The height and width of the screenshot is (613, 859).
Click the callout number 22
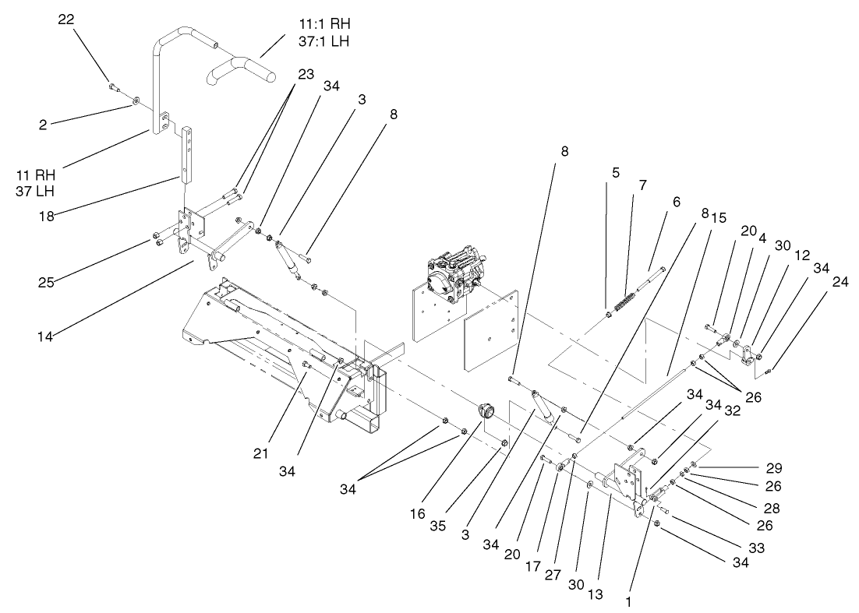(66, 19)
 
